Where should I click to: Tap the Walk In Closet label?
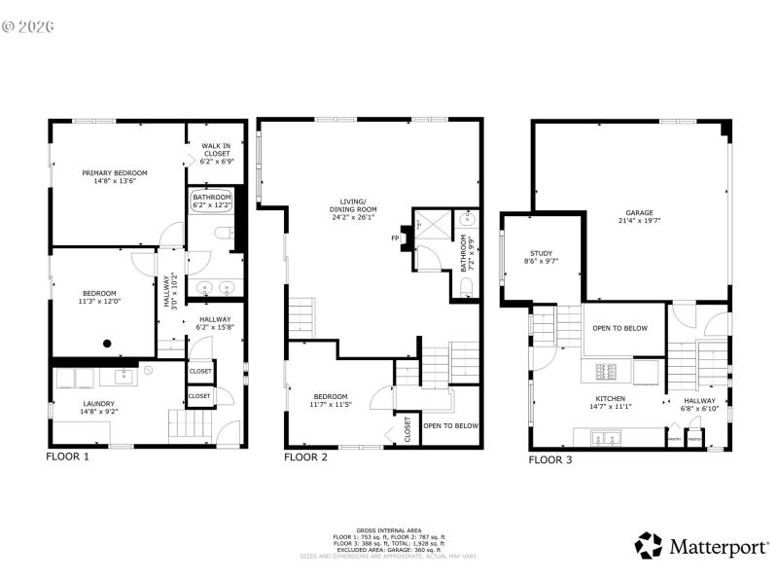(x=216, y=150)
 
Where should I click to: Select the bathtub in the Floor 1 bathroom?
(x=212, y=201)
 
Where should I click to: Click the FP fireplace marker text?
(x=395, y=237)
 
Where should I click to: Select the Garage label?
(x=639, y=217)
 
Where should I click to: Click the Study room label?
(x=541, y=257)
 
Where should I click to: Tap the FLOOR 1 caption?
(x=68, y=456)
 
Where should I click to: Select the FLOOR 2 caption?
(x=305, y=456)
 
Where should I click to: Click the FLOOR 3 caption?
(x=550, y=459)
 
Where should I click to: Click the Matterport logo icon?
(x=649, y=545)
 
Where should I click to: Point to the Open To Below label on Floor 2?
(x=451, y=425)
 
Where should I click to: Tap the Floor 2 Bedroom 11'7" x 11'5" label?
(x=332, y=399)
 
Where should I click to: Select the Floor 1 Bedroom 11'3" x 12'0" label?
(x=99, y=298)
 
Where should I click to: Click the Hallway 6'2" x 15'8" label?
(x=215, y=323)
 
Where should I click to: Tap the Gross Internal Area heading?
(x=389, y=531)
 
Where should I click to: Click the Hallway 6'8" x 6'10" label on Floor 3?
(x=699, y=404)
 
